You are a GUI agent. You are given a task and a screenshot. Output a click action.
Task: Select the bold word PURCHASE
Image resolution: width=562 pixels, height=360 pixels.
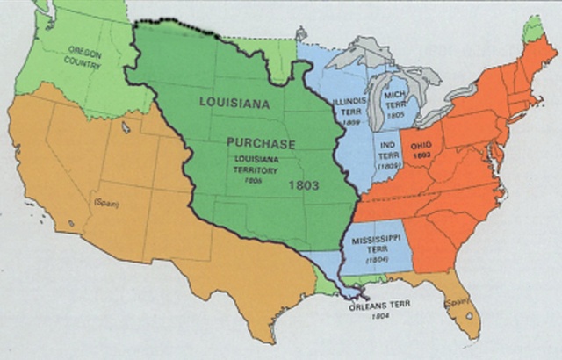pos(261,142)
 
